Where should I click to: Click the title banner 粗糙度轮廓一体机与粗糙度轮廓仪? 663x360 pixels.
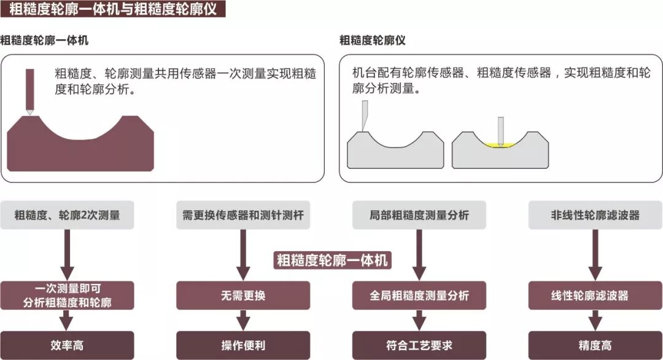[x=113, y=9]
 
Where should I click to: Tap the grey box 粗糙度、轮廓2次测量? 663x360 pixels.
[x=67, y=216]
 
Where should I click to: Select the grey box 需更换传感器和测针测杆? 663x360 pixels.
[x=243, y=216]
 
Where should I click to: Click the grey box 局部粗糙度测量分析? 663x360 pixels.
[x=419, y=216]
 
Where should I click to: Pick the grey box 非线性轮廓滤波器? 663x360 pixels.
[x=595, y=216]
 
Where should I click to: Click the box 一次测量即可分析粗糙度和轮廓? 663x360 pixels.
[x=67, y=295]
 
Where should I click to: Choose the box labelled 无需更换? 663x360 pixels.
[x=243, y=295]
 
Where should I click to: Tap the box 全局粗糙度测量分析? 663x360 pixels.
[x=419, y=295]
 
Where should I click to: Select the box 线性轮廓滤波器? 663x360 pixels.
[x=595, y=295]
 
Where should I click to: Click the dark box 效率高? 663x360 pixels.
[x=67, y=345]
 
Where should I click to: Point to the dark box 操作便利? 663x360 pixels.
[x=243, y=345]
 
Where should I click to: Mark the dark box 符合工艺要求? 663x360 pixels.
[x=419, y=345]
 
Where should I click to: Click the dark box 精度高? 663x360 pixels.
[x=595, y=345]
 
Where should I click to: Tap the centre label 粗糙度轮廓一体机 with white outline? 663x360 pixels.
[x=332, y=260]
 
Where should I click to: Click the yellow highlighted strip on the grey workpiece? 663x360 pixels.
[x=498, y=146]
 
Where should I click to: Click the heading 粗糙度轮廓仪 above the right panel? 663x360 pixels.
[x=373, y=41]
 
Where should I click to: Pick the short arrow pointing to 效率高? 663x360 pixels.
[x=67, y=320]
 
